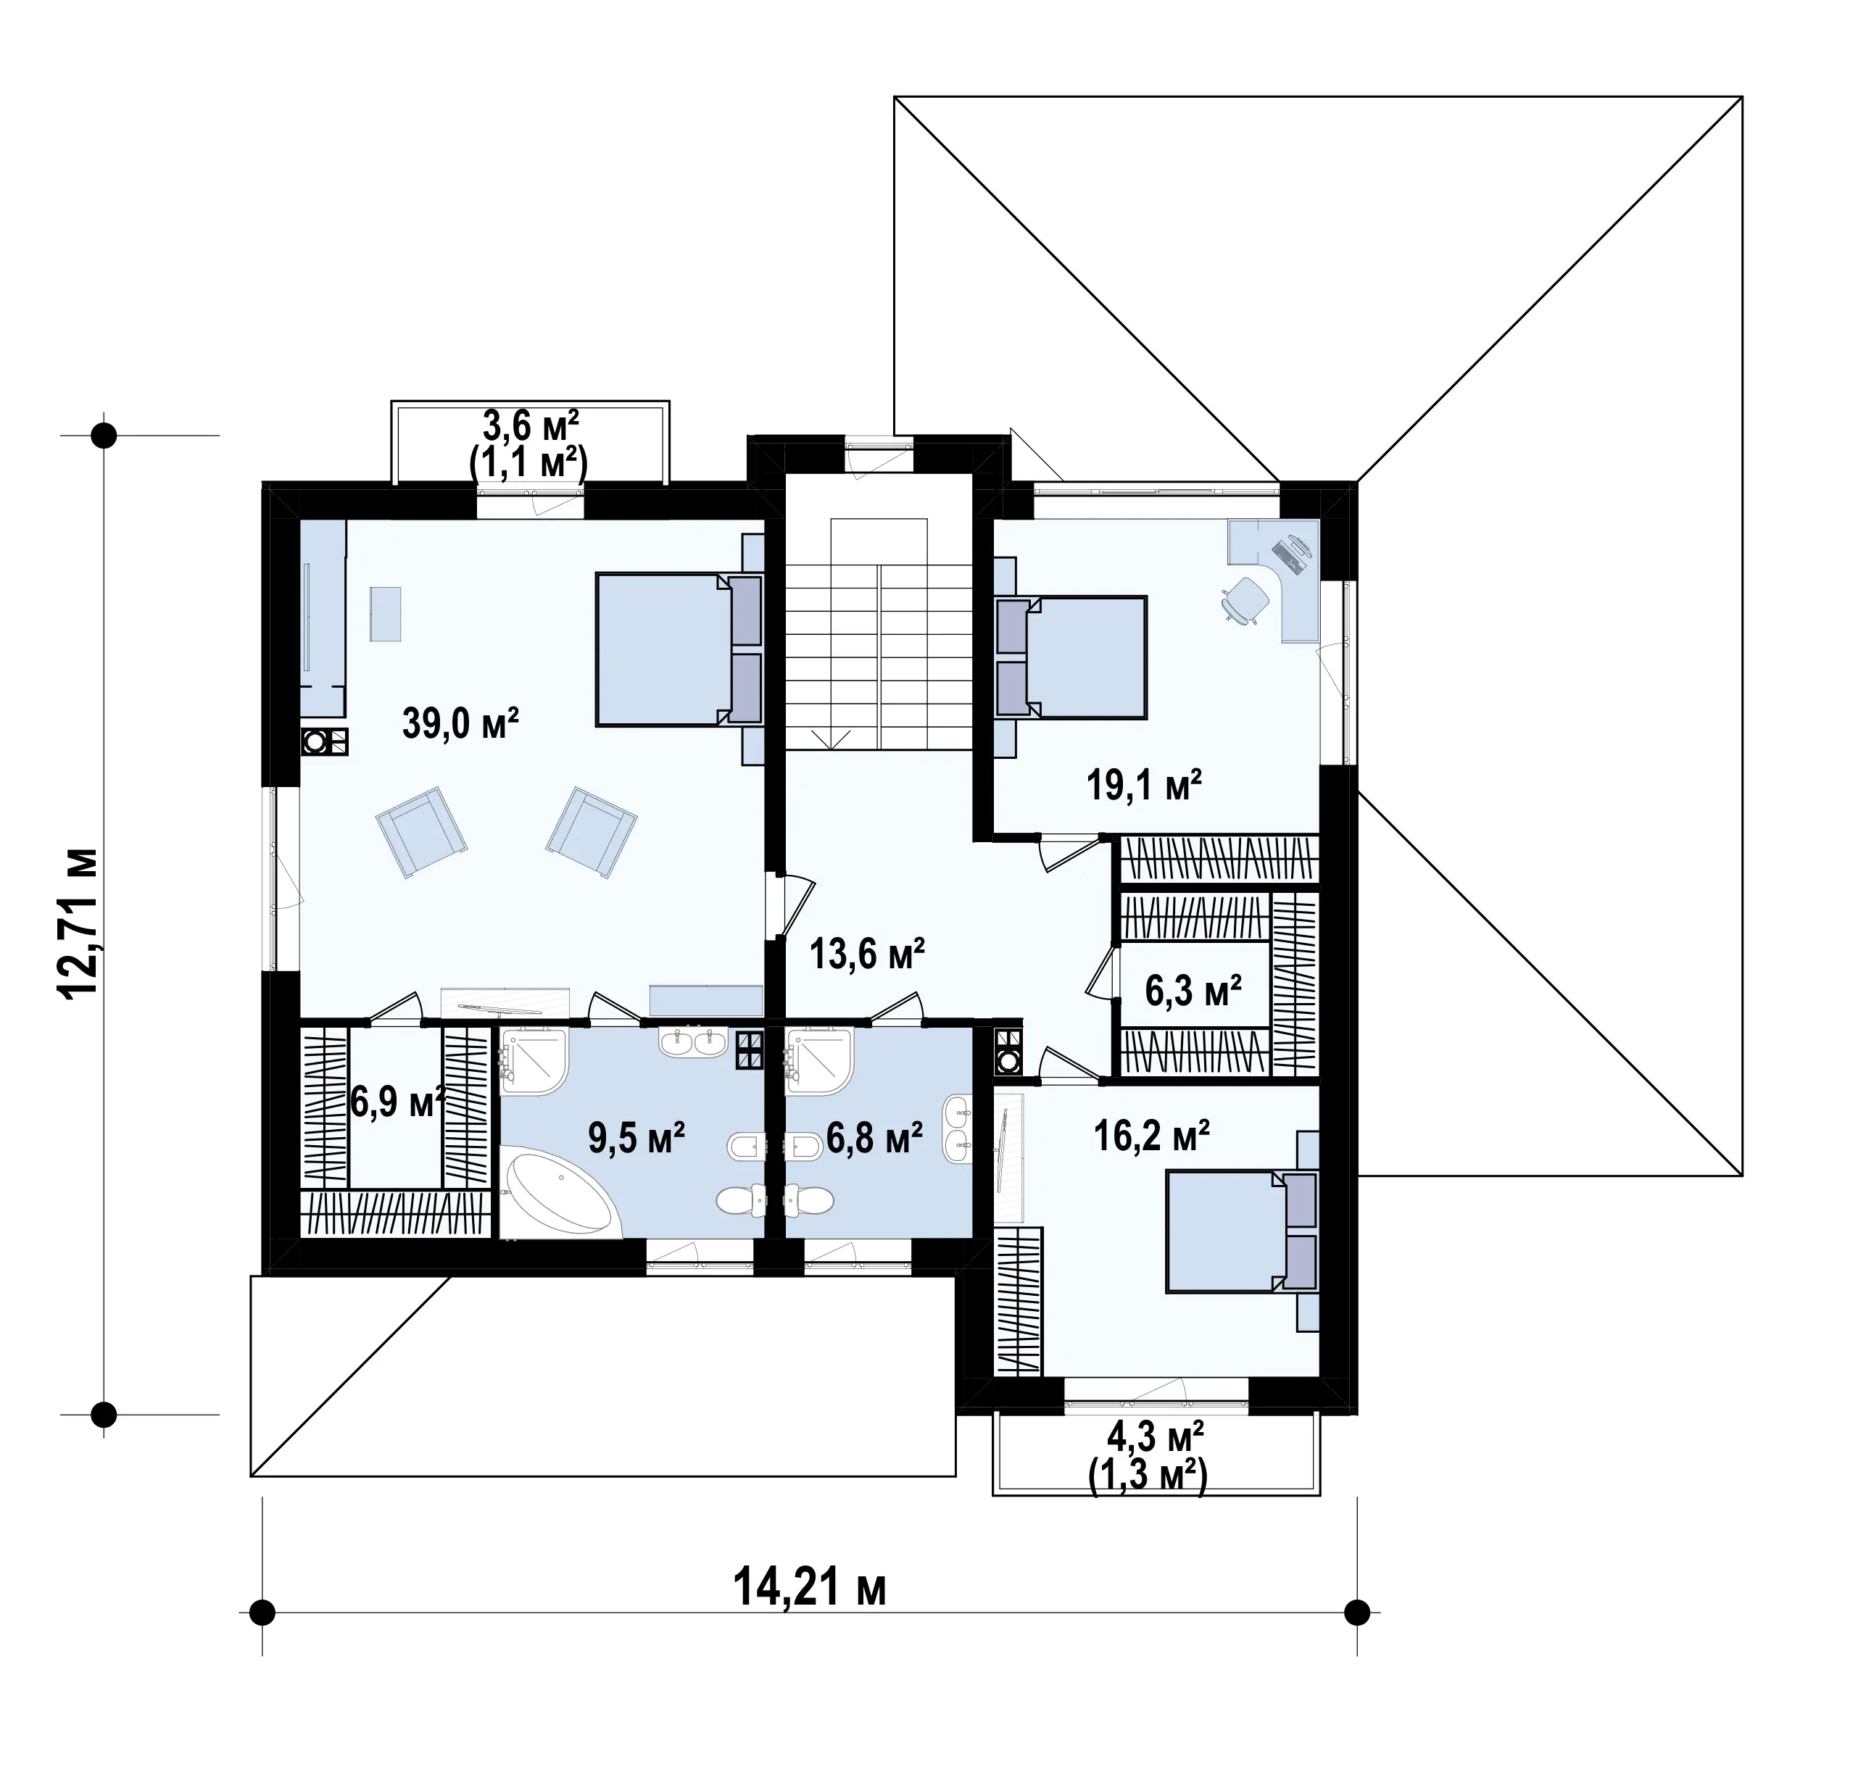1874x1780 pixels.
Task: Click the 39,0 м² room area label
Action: tap(460, 723)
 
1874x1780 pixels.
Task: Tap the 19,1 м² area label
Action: tap(1144, 786)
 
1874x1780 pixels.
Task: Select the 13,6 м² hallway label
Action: tap(867, 954)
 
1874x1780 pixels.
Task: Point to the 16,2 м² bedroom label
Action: tap(1151, 1135)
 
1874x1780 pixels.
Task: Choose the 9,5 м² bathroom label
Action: tap(637, 1138)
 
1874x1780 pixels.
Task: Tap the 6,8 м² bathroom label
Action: tap(874, 1138)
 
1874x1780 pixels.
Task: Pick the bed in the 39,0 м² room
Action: tap(679, 649)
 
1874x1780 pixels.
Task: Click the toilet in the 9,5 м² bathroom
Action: tap(741, 1201)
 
